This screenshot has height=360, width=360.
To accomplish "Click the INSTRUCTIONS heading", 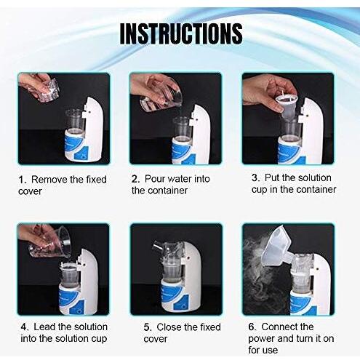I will [x=180, y=33].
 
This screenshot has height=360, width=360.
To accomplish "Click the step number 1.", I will [x=22, y=179].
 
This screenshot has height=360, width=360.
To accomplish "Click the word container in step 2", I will [x=170, y=191].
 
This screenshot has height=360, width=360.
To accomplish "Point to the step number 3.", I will [x=255, y=177].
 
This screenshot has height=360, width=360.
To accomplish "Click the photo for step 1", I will [x=63, y=119].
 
